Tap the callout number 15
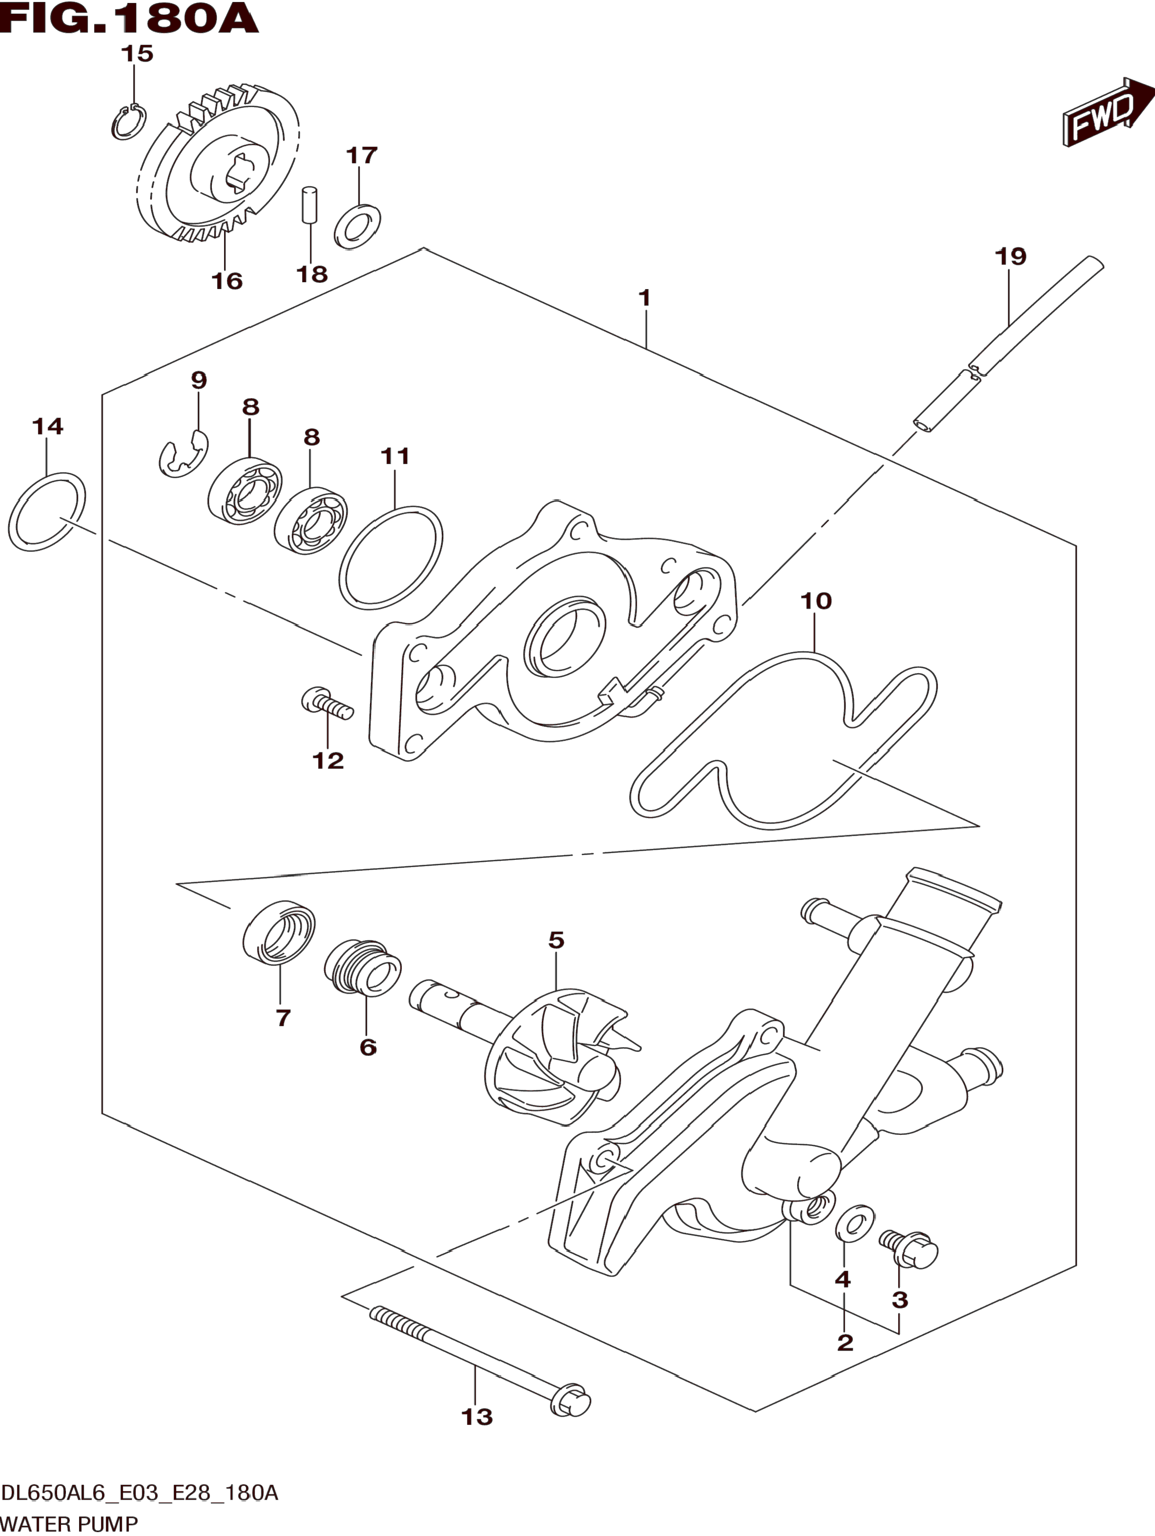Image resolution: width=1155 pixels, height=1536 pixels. point(137,53)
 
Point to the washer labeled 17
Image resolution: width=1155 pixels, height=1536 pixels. point(357,225)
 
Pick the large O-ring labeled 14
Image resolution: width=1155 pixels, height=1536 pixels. point(47,512)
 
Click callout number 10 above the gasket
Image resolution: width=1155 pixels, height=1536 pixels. point(816,600)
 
